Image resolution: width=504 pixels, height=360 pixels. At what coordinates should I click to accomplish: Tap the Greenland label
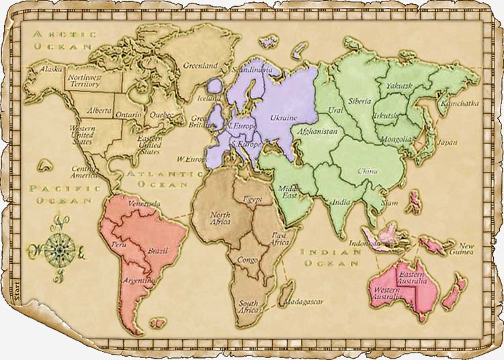pos(200,66)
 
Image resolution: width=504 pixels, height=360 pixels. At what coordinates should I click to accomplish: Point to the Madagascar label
pos(303,302)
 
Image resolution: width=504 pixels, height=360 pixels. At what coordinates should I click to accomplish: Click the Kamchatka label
pos(460,103)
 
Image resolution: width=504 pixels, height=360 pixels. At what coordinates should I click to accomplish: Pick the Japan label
pos(447,142)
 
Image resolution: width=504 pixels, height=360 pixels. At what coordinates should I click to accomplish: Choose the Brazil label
pos(157,250)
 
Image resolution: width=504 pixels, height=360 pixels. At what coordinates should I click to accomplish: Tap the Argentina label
pos(138,279)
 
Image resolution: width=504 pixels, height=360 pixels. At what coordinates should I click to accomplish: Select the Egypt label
pos(253,199)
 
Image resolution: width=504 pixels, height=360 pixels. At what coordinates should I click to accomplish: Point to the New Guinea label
pos(466,249)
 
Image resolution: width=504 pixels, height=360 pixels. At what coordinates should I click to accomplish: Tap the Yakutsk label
pos(399,85)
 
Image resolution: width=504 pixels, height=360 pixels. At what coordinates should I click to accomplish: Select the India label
pos(341,202)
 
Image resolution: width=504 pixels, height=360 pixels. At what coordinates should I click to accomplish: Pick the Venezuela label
pos(144,204)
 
